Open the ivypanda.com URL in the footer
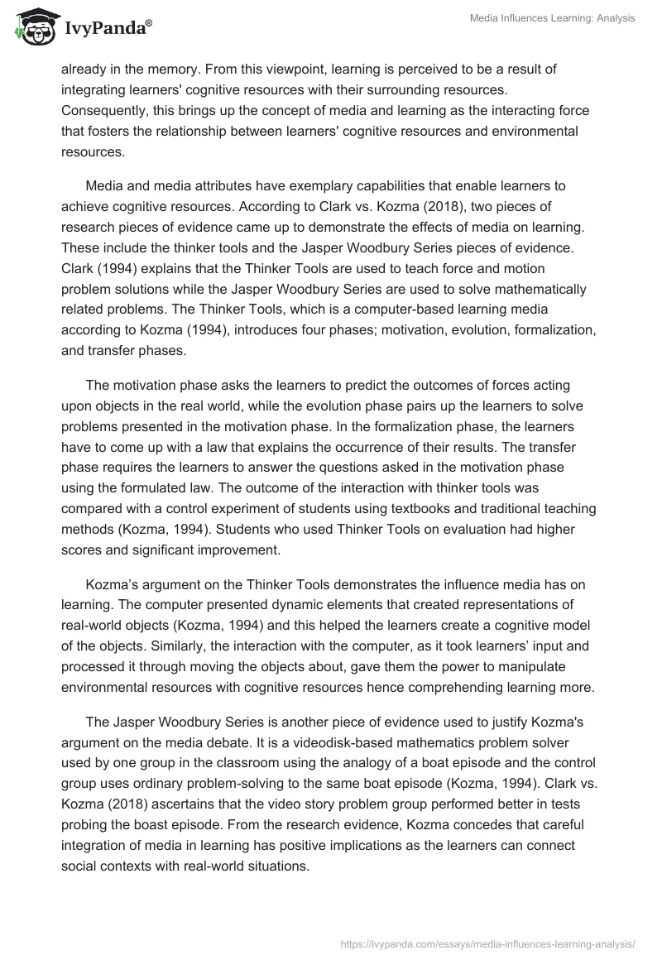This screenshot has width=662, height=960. [x=488, y=943]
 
